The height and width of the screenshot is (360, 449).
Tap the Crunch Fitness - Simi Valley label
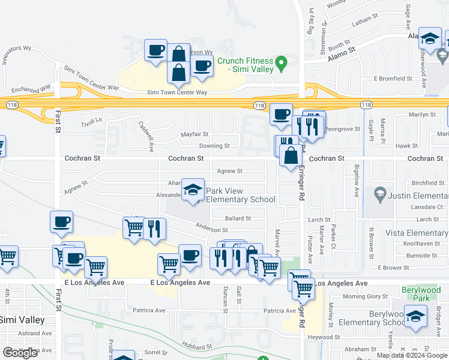point(246,65)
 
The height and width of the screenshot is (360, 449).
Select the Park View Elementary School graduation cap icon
point(192,191)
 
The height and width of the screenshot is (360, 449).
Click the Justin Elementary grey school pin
point(379,193)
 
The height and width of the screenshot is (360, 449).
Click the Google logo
point(20,353)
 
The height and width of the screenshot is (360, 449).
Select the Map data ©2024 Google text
point(411,355)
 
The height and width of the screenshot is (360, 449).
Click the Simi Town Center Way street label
point(177,92)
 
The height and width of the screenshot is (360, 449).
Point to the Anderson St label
point(212,230)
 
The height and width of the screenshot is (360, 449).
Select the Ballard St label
point(238,218)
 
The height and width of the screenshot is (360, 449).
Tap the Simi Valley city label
point(22,320)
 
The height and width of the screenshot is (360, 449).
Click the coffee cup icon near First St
point(61,222)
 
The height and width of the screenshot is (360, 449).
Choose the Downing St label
point(214,146)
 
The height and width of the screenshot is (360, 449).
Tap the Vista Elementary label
point(418,233)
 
